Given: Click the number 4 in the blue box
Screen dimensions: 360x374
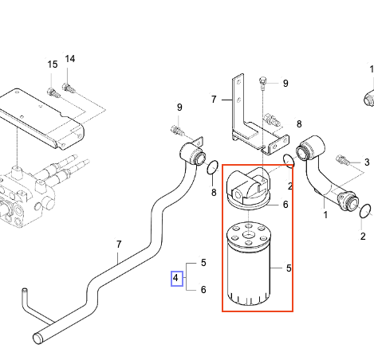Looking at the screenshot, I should click(x=176, y=278).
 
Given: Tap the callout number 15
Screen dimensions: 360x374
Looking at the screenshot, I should click(x=52, y=65).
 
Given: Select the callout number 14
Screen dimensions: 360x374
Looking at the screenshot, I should click(x=69, y=59).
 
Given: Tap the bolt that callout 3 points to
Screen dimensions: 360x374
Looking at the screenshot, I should click(x=343, y=160).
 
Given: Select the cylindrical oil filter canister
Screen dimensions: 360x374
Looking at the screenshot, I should click(x=252, y=266).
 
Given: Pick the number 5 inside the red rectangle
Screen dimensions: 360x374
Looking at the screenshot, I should click(x=289, y=268).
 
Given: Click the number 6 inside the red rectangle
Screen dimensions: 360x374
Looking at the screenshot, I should click(x=285, y=205).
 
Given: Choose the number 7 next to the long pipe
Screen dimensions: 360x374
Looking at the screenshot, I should click(x=119, y=245).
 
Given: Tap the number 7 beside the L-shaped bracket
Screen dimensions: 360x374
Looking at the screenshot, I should click(x=214, y=100).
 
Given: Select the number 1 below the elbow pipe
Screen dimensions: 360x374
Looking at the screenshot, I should click(x=325, y=214).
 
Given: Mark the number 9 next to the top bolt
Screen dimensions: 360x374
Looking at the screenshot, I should click(x=285, y=83).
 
